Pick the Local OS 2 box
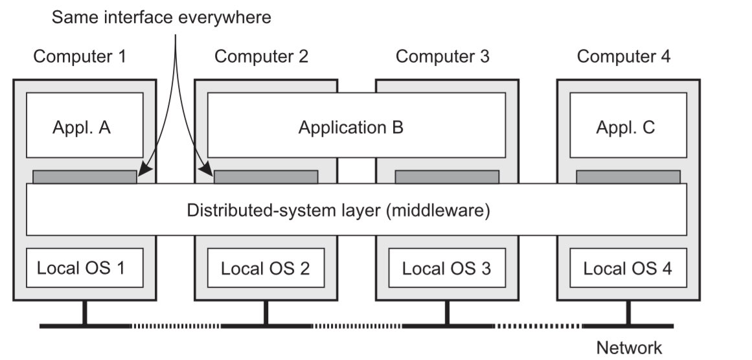coord(266,267)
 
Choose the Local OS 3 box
coord(446,267)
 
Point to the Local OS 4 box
coord(628,267)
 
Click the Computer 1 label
coord(80,56)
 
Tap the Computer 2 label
coord(261,56)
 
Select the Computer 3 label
coord(442,56)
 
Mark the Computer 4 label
coord(624,56)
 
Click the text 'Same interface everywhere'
coord(161,17)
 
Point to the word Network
coord(629,348)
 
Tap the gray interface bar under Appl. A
coord(84,177)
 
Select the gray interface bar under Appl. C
coord(628,177)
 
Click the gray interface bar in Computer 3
coord(446,177)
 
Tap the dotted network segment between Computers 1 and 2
coord(175,325)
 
